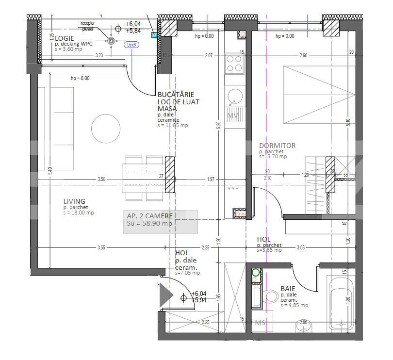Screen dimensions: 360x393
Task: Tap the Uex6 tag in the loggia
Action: click(x=131, y=45)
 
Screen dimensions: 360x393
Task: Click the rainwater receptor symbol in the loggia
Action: click(x=111, y=41)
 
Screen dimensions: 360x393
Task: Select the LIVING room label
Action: click(x=74, y=201)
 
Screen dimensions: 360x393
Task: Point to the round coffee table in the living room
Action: click(x=106, y=128)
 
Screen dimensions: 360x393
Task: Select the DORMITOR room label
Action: click(x=277, y=146)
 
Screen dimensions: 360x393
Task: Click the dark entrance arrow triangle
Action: click(x=166, y=294)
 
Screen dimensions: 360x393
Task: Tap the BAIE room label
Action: click(x=288, y=289)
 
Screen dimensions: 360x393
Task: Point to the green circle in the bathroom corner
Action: click(x=255, y=273)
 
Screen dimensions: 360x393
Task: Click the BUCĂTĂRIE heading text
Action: click(x=176, y=94)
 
